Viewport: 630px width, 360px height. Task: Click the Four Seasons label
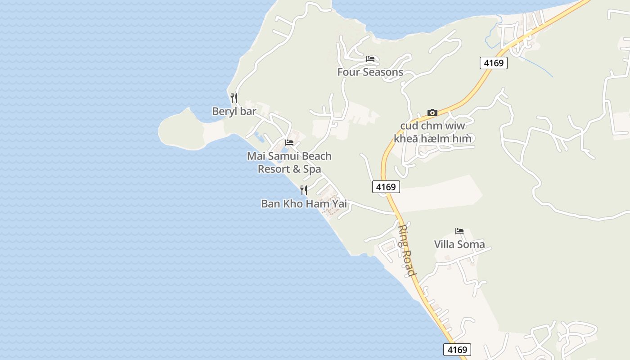click(370, 72)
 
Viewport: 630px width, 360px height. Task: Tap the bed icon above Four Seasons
click(370, 59)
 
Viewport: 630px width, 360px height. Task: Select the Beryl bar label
click(234, 111)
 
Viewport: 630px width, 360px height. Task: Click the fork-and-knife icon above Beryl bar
click(234, 98)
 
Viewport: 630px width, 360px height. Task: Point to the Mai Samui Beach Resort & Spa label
click(289, 162)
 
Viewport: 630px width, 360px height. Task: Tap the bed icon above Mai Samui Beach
click(289, 143)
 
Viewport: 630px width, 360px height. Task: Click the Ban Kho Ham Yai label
click(304, 204)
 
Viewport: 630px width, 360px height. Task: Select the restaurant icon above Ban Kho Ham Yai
click(304, 190)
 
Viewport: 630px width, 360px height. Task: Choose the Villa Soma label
click(459, 244)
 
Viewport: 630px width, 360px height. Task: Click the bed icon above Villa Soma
click(459, 231)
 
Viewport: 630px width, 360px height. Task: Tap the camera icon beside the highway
click(432, 112)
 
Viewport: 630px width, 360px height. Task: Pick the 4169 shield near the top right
click(494, 63)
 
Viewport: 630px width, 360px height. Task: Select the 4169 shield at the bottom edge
click(457, 350)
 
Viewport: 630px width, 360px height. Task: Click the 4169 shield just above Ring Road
click(386, 187)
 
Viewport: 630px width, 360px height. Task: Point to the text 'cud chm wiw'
click(432, 126)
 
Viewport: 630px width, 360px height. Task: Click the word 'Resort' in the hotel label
click(273, 169)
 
